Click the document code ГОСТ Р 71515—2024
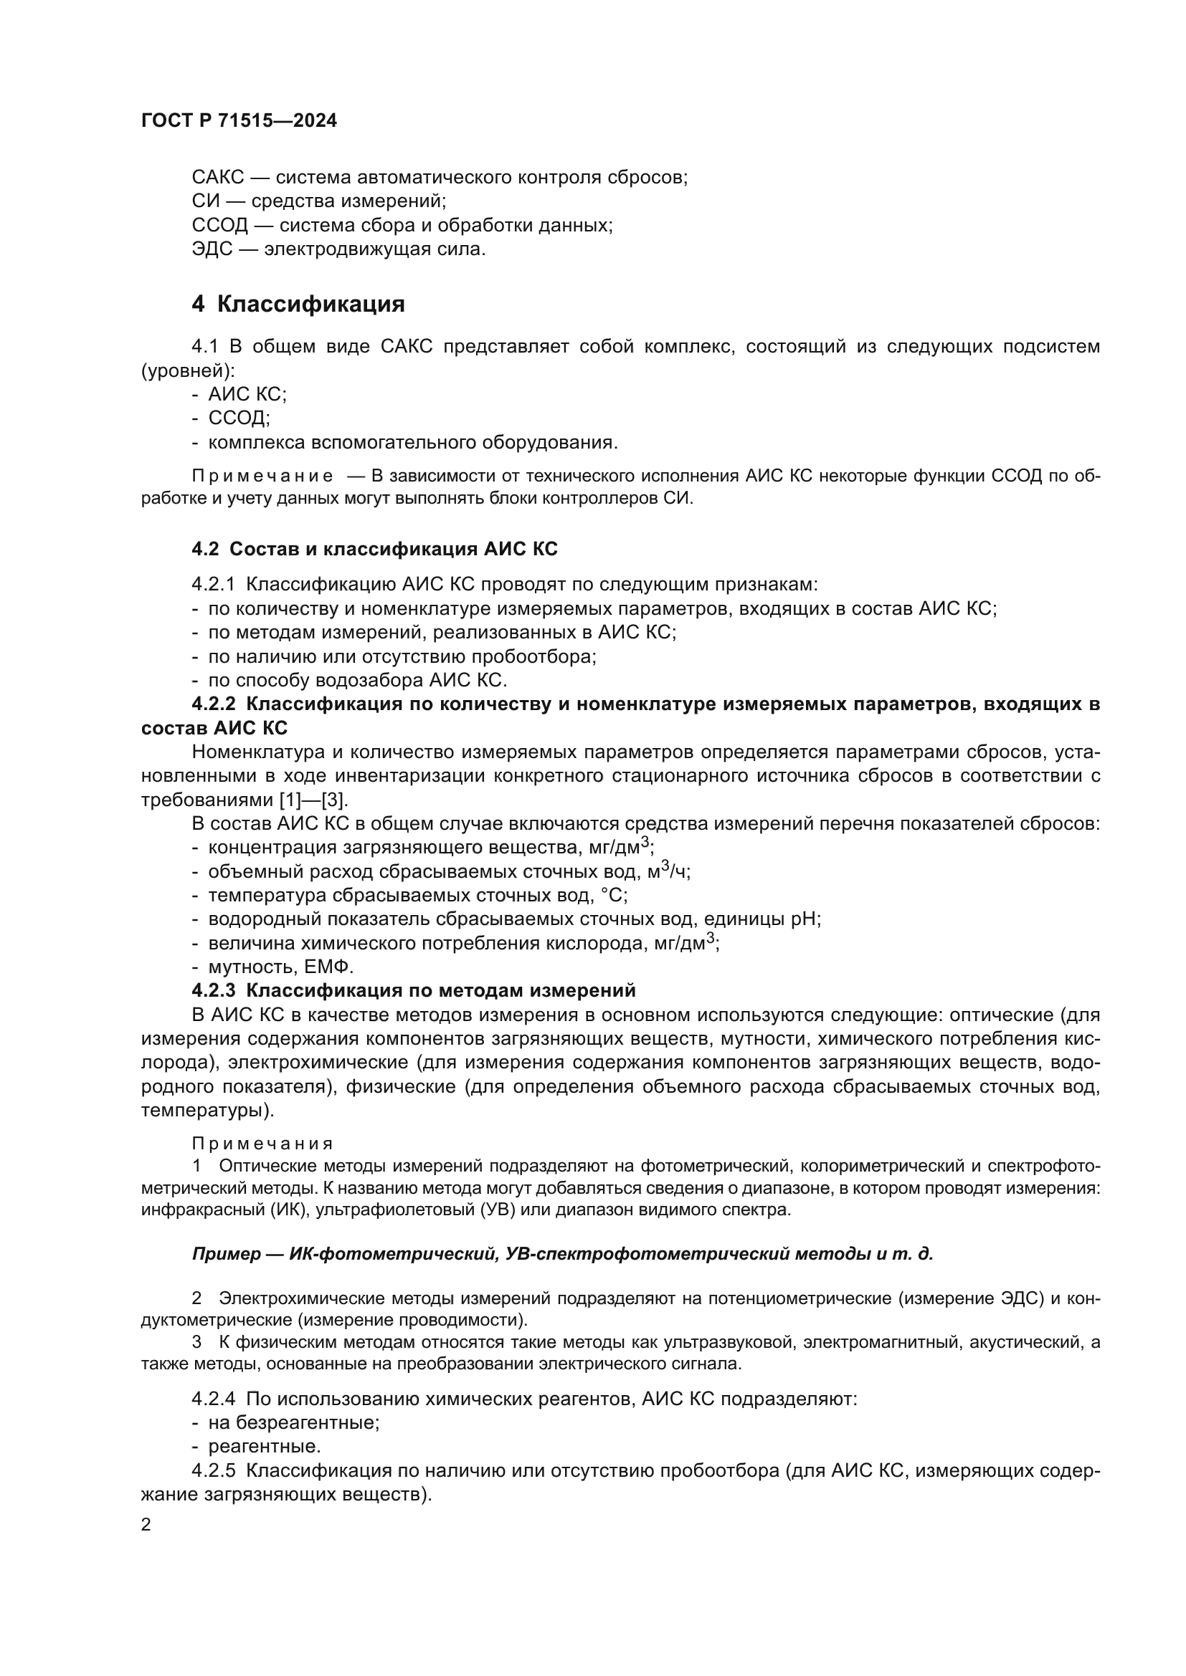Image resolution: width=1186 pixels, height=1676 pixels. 239,121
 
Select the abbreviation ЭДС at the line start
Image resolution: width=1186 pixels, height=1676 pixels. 212,249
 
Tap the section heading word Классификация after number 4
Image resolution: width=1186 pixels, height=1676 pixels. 310,304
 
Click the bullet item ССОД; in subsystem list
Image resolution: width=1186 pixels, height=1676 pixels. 239,418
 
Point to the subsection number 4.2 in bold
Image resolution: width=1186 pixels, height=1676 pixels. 205,549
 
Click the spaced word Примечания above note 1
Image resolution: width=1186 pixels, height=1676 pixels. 262,1143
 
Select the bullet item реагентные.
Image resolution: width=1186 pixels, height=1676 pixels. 265,1447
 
